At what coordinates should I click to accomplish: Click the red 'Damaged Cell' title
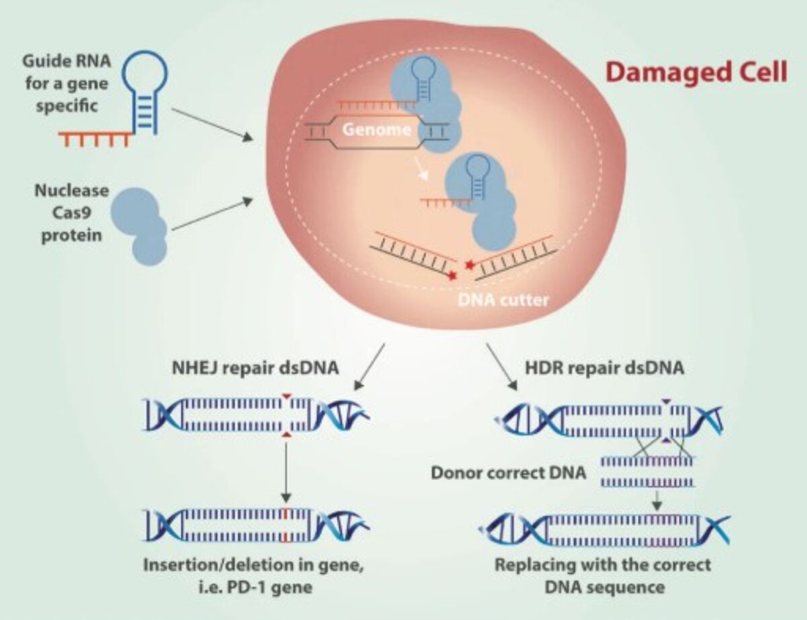pos(696,73)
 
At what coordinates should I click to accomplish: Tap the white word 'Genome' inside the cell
pos(377,130)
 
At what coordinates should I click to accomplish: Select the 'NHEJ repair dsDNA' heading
pos(256,369)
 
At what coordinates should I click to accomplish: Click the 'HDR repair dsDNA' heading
pos(605,369)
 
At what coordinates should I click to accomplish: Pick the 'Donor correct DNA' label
pos(508,473)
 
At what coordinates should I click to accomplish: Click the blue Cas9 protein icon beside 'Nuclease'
pos(139,226)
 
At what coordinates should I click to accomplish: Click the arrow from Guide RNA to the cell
pos(212,125)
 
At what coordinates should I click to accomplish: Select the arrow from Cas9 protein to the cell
pos(212,214)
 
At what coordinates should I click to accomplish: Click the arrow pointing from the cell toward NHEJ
pos(369,366)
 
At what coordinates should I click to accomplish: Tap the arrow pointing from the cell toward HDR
pos(502,366)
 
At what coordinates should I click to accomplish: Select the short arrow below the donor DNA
pos(658,501)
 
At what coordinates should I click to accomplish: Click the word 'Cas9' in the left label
pos(72,212)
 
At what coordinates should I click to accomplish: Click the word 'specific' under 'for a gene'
pos(67,106)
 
